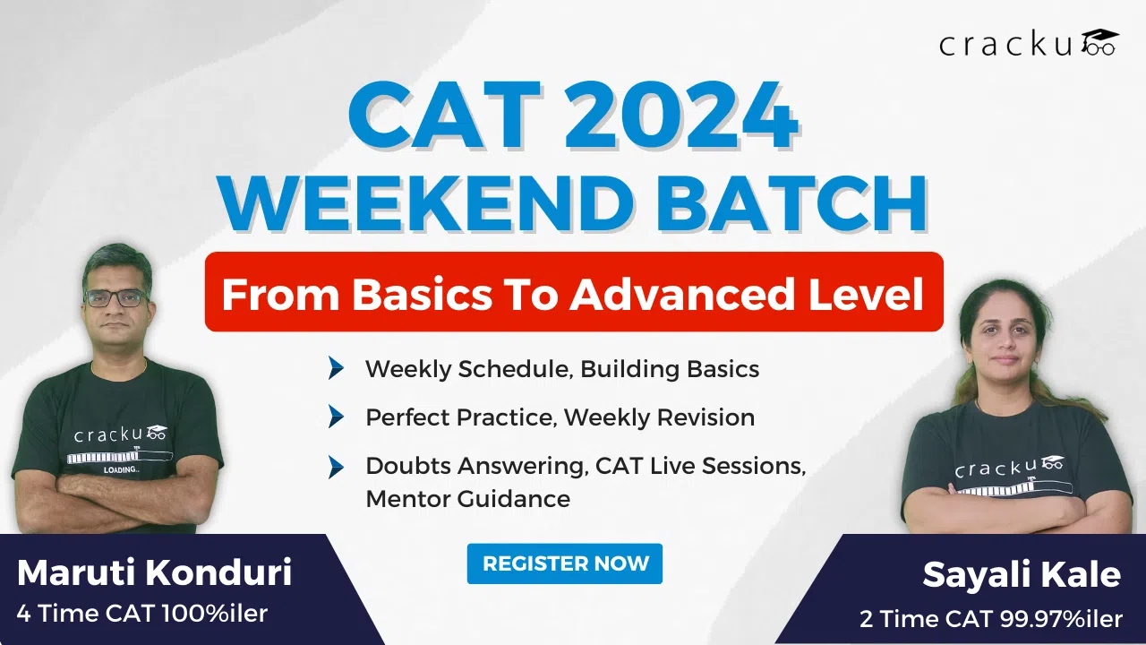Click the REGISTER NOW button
pyautogui.click(x=565, y=563)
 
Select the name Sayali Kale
pyautogui.click(x=1022, y=575)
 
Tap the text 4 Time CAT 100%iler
pyautogui.click(x=142, y=615)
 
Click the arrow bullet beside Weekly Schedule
pyautogui.click(x=336, y=368)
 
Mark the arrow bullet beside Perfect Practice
pyautogui.click(x=336, y=417)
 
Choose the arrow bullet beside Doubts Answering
pyautogui.click(x=336, y=466)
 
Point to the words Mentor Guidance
pyautogui.click(x=467, y=499)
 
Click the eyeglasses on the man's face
pyautogui.click(x=115, y=297)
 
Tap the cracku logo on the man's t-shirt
pyautogui.click(x=120, y=435)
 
